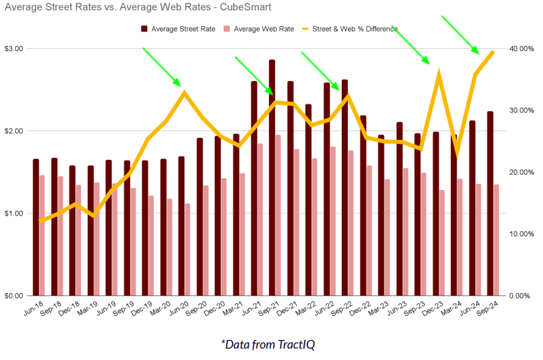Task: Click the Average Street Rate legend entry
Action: [178, 29]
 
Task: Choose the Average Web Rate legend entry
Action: [259, 29]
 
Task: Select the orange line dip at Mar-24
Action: [457, 155]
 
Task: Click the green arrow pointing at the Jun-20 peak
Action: [162, 67]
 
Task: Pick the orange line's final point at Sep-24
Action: [493, 52]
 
